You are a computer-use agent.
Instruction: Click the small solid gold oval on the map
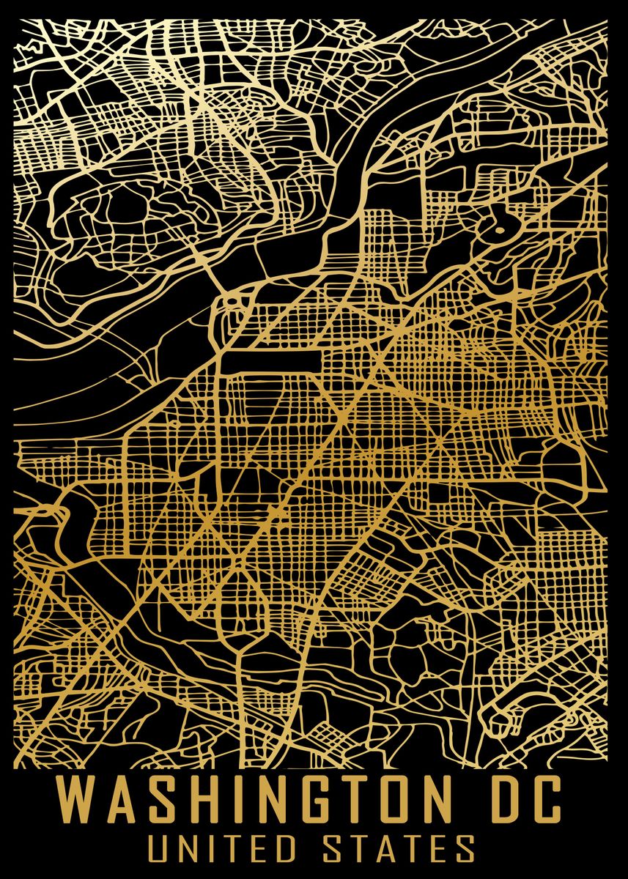click(499, 230)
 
